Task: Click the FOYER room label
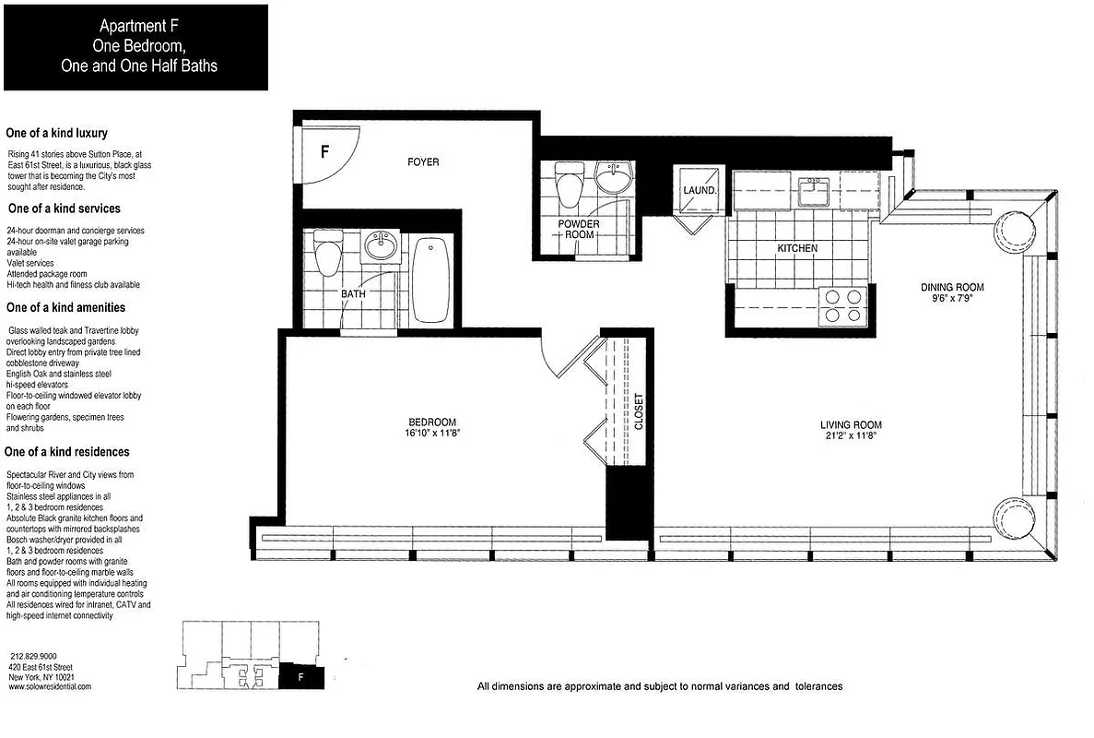423,162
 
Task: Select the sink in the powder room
612,176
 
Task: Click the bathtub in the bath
430,280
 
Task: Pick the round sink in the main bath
379,246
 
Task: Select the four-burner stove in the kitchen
842,305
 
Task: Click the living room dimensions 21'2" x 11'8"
851,438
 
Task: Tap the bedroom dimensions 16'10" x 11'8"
429,434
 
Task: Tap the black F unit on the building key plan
300,676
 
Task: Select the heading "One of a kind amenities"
65,307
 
